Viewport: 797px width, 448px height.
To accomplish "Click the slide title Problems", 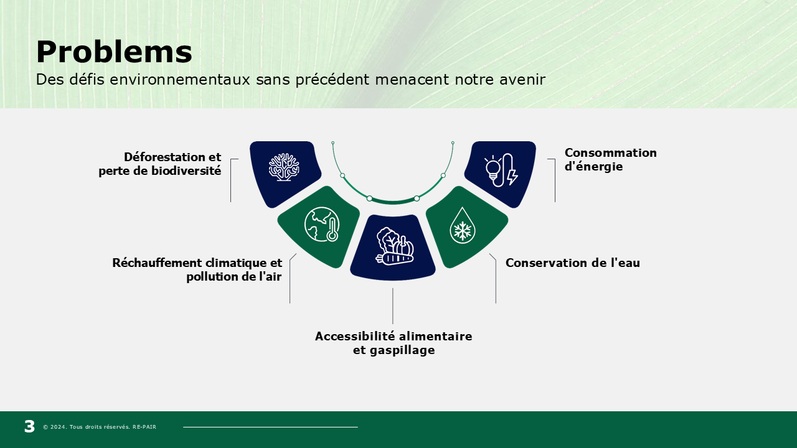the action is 114,52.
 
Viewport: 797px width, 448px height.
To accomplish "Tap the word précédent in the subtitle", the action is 332,80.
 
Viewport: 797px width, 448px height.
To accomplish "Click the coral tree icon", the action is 284,167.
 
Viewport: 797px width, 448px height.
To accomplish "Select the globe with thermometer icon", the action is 322,225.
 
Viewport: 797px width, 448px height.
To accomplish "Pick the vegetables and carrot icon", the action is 395,246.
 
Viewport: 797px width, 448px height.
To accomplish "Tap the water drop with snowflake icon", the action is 462,225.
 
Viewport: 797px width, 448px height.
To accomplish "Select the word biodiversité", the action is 186,171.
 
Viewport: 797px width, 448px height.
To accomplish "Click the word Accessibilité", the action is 356,336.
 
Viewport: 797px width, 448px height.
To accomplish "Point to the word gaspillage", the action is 402,350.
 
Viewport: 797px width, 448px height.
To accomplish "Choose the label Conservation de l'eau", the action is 572,263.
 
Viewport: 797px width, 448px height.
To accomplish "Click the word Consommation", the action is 611,153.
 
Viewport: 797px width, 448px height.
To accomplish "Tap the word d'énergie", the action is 593,166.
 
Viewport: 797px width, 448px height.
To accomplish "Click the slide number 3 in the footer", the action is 29,426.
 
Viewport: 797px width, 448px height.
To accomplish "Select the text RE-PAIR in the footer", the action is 144,427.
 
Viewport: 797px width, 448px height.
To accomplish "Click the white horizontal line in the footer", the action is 270,427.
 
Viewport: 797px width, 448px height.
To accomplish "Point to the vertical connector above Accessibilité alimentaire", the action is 393,306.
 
